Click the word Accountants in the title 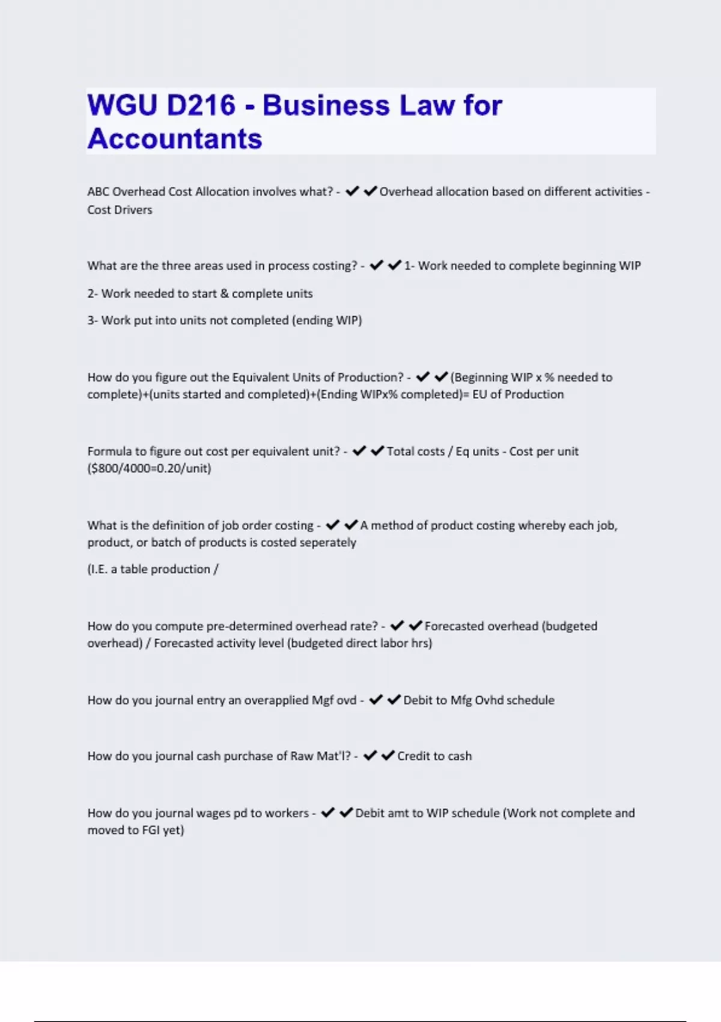click(175, 138)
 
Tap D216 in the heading click(201, 105)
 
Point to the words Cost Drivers click(120, 210)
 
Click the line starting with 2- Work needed click(200, 294)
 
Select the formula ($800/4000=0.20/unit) click(149, 468)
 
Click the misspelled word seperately click(327, 542)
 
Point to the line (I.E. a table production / click(153, 569)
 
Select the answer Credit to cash click(434, 756)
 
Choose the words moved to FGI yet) click(136, 830)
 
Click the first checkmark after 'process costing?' click(376, 265)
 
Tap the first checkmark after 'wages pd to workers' click(327, 813)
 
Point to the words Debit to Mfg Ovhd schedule click(479, 700)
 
